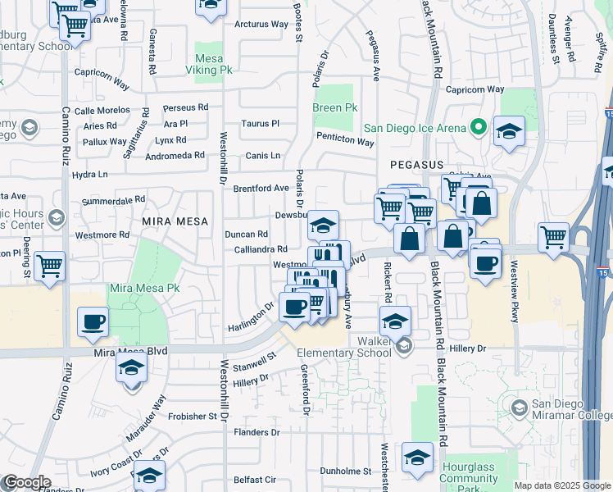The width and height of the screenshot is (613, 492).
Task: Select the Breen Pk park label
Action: [x=335, y=108]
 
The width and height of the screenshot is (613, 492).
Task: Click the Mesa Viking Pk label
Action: [x=215, y=65]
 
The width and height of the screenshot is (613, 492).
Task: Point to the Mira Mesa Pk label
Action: [x=145, y=289]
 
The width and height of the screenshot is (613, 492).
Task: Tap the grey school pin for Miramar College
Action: [x=518, y=408]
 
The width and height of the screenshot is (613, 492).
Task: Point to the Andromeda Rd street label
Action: [x=175, y=155]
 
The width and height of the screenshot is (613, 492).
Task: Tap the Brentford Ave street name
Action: [x=261, y=188]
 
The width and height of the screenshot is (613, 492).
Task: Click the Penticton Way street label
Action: [x=345, y=142]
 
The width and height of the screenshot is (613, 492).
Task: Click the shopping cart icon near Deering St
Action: [x=50, y=266]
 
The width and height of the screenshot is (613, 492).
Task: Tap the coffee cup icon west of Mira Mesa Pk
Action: [x=93, y=321]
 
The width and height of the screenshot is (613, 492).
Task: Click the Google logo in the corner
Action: [x=26, y=482]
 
